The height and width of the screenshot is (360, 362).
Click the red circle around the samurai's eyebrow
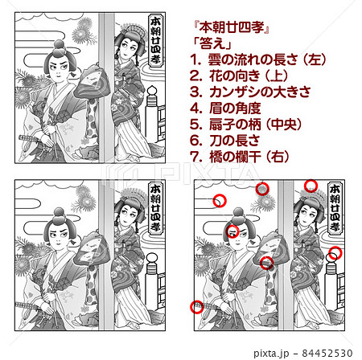point(232,231)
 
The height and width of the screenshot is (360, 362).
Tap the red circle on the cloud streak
point(219,201)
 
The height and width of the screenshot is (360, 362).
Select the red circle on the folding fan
point(266,262)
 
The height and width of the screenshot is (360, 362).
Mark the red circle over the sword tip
point(195,306)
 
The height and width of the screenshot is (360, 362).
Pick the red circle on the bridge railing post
point(335,253)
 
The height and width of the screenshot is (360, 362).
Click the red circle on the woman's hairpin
point(311,186)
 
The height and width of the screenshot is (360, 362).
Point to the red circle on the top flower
point(261,188)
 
